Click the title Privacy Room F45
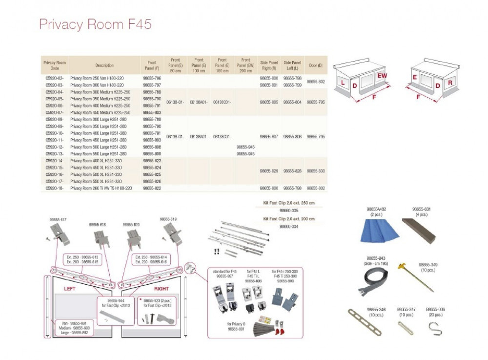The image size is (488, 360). click(x=95, y=25)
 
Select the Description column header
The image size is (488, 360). click(x=104, y=65)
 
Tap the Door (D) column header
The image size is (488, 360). click(x=316, y=65)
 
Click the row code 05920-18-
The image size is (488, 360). click(x=54, y=188)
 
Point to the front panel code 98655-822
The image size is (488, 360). click(x=152, y=188)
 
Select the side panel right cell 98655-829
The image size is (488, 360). click(x=268, y=171)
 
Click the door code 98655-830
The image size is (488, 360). click(x=315, y=171)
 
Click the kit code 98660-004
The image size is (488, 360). click(x=289, y=227)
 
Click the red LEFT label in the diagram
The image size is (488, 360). click(x=70, y=289)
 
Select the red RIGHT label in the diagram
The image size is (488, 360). click(x=161, y=289)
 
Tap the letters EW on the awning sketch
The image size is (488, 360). click(x=382, y=76)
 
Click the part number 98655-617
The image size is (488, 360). click(x=58, y=220)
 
